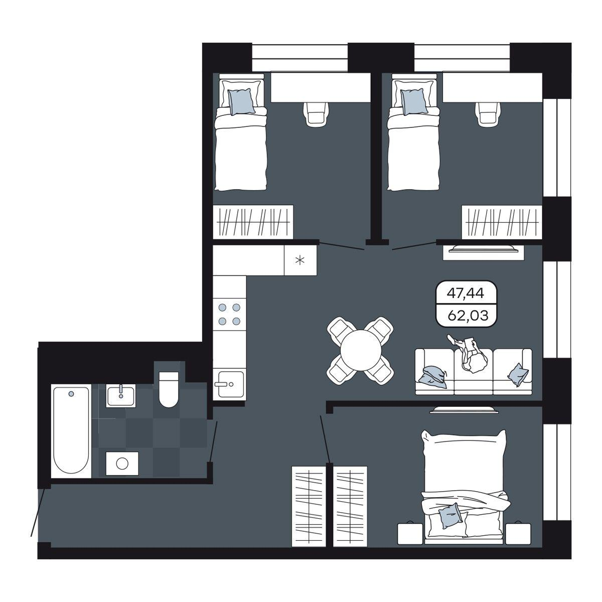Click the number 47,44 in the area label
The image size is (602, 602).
465,293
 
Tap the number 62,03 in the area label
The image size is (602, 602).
468,316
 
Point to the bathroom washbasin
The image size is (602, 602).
121,396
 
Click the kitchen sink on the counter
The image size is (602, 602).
229,384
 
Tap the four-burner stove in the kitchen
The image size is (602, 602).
229,314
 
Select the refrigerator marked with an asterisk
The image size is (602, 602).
300,260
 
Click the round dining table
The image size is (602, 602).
361,350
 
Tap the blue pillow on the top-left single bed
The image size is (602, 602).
241,101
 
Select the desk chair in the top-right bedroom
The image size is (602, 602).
488,113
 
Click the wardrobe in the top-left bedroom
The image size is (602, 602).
253,222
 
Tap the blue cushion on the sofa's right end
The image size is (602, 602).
518,375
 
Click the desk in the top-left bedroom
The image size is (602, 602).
321,87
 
